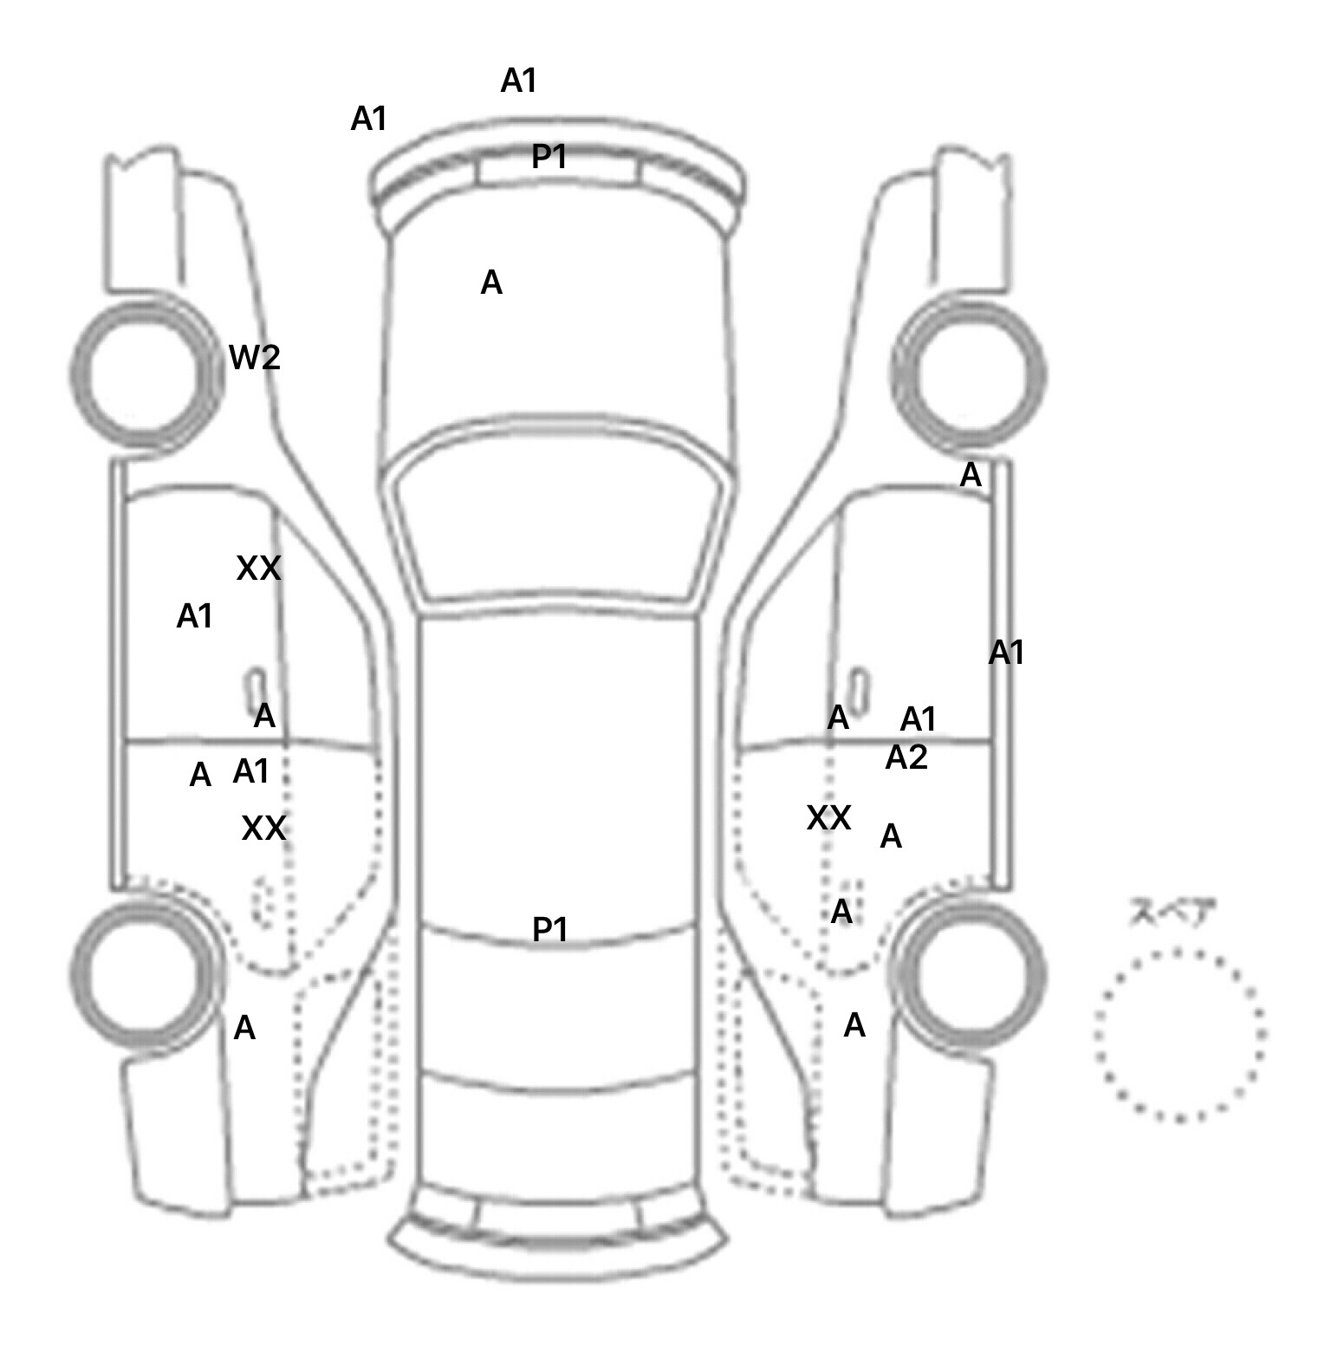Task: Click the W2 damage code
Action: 255,357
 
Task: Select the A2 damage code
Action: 906,758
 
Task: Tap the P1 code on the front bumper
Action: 549,157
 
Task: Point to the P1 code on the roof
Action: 549,930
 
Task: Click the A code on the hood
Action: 491,283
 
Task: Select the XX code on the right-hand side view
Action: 828,818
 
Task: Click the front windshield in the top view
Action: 559,520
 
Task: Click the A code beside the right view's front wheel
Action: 971,475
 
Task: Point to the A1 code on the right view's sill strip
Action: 1006,653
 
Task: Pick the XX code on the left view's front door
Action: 258,569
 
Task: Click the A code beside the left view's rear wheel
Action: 245,1029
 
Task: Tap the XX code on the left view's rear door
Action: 263,829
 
